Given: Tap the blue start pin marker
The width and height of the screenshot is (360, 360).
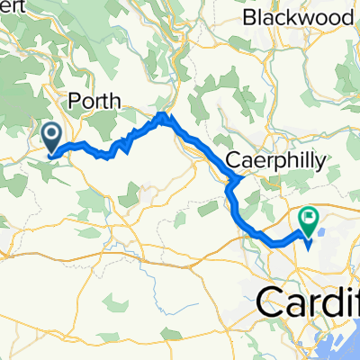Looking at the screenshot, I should click(x=50, y=136).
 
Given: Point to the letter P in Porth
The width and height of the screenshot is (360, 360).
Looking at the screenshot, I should click(x=75, y=101).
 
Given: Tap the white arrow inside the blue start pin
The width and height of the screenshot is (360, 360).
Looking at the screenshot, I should click(x=50, y=135).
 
